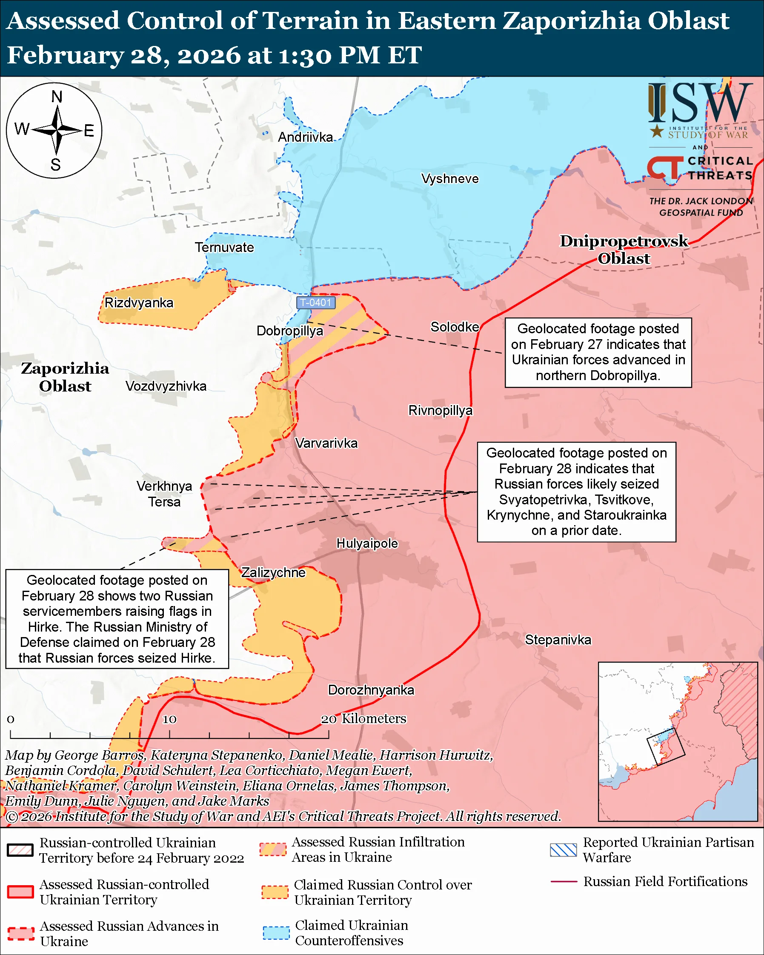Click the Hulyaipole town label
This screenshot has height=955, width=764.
click(x=367, y=543)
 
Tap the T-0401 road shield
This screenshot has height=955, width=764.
click(x=316, y=303)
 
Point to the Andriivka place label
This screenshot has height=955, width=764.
click(x=305, y=137)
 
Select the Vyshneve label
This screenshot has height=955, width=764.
click(x=449, y=179)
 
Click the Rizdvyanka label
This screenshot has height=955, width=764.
click(x=139, y=303)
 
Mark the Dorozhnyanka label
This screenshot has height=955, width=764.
click(x=371, y=690)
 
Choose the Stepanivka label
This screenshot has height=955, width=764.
click(x=558, y=640)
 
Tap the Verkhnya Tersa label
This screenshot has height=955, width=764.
click(x=164, y=495)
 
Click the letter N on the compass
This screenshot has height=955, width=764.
click(x=57, y=97)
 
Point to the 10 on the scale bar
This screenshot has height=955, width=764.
click(x=169, y=719)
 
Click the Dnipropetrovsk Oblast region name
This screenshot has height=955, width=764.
click(x=624, y=250)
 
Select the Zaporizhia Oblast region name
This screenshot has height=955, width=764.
click(x=65, y=377)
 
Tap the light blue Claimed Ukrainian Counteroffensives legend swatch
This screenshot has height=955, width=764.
click(x=276, y=933)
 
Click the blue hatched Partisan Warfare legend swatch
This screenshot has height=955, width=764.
click(x=563, y=850)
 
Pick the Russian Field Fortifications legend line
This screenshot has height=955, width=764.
click(x=564, y=882)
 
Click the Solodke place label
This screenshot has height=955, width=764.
click(x=455, y=327)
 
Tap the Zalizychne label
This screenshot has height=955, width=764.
click(x=273, y=573)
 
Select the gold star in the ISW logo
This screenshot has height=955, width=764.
click(x=656, y=131)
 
